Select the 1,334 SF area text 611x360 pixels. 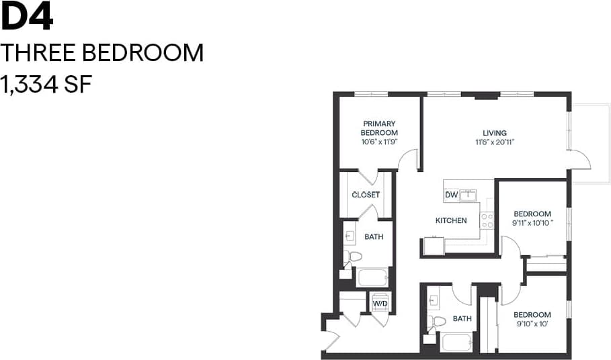tap(46, 85)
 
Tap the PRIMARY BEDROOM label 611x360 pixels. tap(380, 128)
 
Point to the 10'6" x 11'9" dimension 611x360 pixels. tap(380, 142)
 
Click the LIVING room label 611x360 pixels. tap(494, 132)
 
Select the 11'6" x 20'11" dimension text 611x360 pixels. tap(494, 142)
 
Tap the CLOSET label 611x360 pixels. tap(366, 195)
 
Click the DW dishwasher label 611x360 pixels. tap(452, 195)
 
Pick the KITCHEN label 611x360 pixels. tap(451, 220)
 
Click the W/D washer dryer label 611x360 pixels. tap(380, 303)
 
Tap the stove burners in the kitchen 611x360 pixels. tap(487, 220)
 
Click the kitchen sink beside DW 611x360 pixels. tap(468, 195)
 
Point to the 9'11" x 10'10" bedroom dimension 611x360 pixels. tap(532, 222)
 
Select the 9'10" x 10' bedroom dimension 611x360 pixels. tap(532, 324)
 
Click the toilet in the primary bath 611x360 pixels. tap(354, 257)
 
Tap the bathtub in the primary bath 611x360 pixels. tap(372, 277)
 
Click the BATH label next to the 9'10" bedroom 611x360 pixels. tap(462, 319)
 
